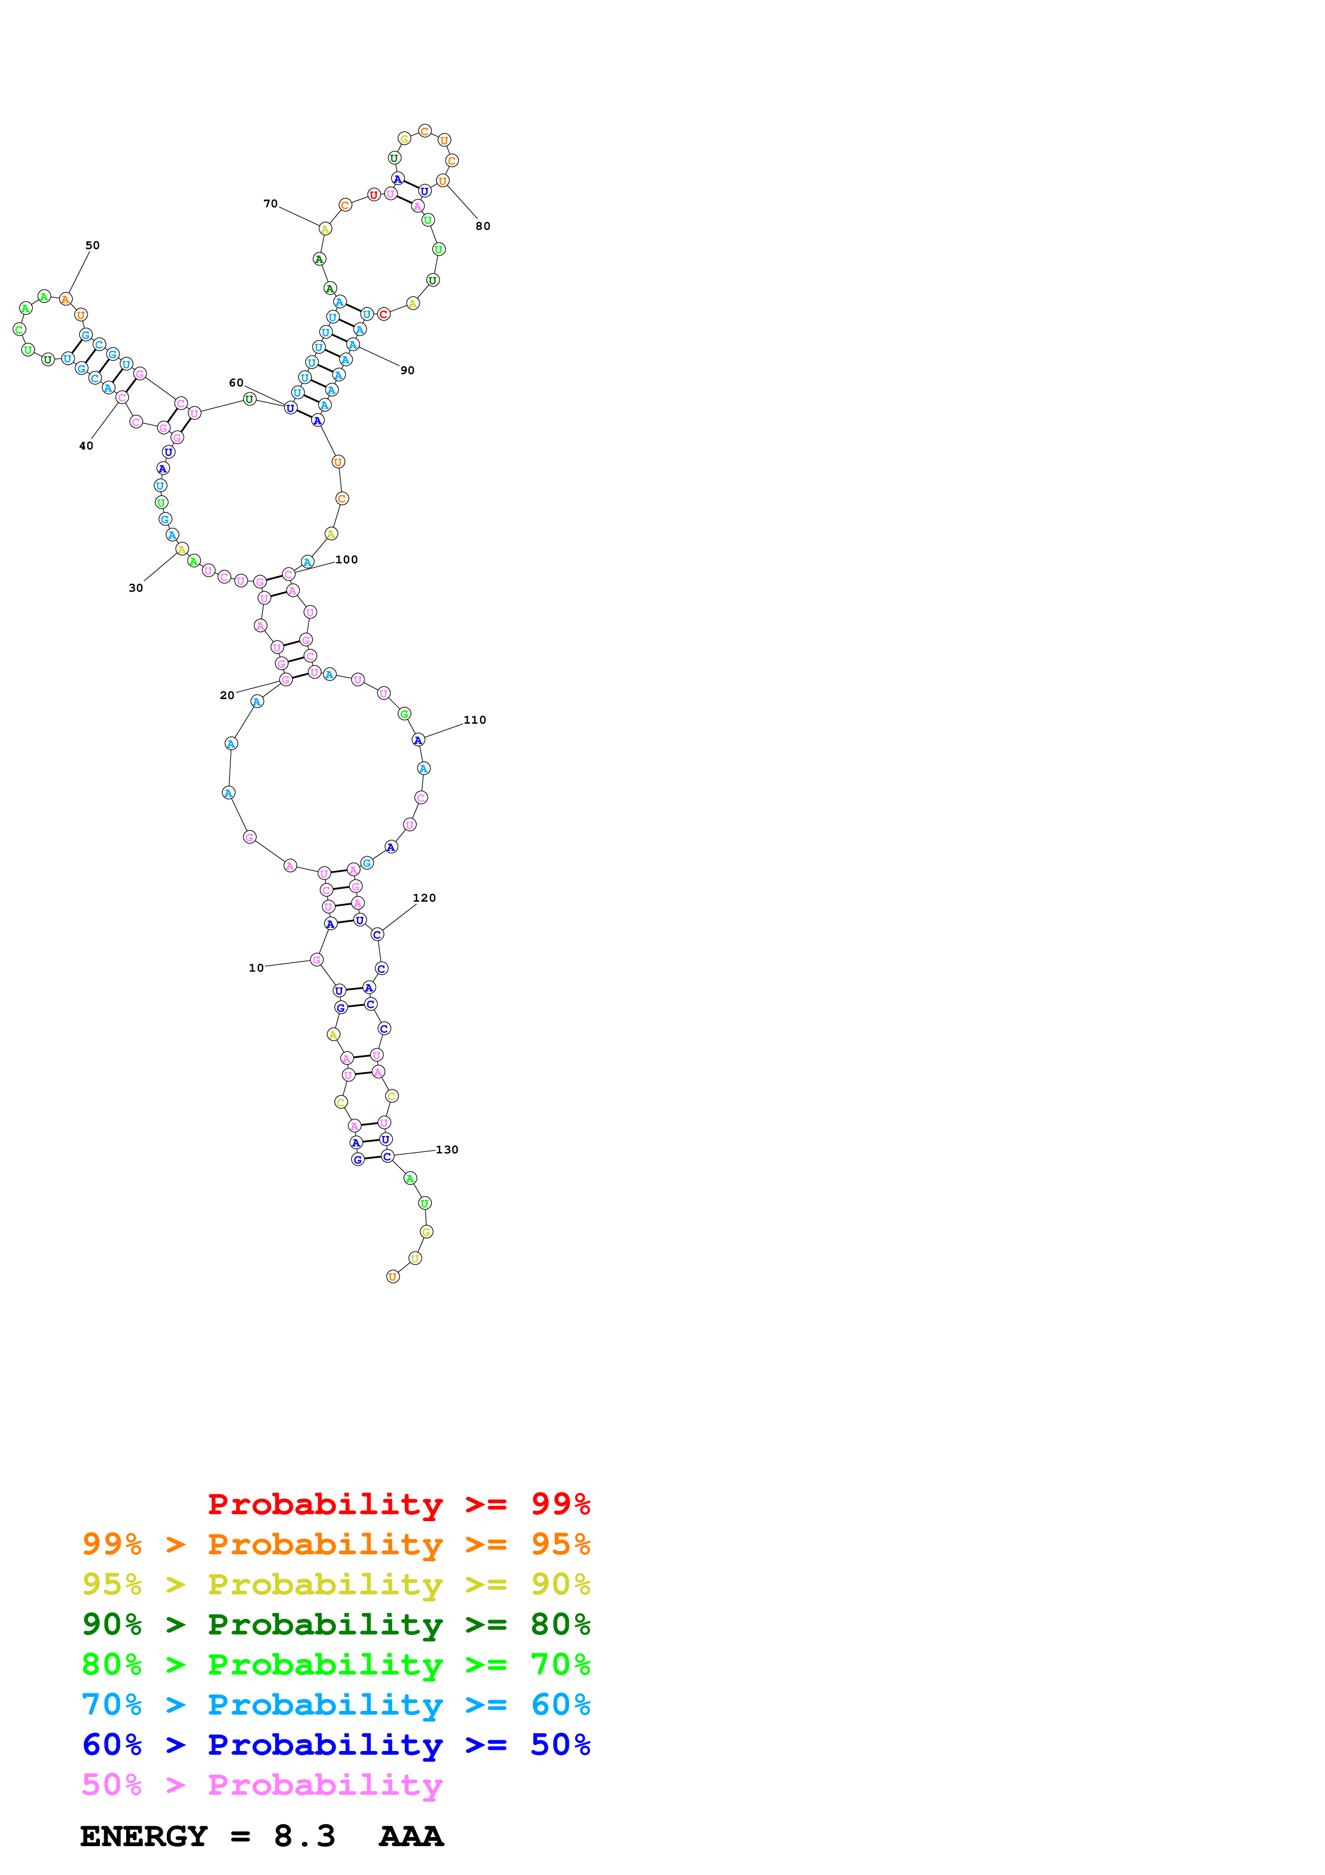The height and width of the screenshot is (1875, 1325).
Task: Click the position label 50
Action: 92,245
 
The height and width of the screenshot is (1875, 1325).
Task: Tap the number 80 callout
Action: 483,226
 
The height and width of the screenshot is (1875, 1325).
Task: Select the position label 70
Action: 270,203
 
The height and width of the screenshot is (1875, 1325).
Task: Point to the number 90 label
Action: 407,370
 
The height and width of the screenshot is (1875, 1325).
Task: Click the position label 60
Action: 236,382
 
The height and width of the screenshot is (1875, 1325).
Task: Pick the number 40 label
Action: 86,446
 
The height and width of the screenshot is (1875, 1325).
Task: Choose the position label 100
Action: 346,560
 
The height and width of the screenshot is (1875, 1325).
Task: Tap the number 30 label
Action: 136,588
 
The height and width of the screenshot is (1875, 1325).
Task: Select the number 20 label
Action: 227,695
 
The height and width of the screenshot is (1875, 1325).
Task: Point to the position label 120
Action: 424,897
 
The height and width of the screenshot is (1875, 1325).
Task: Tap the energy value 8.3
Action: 305,1836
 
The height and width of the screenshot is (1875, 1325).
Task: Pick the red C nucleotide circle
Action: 383,314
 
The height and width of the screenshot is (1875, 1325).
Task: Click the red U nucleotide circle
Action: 373,195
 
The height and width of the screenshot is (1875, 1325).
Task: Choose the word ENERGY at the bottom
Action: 144,1836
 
